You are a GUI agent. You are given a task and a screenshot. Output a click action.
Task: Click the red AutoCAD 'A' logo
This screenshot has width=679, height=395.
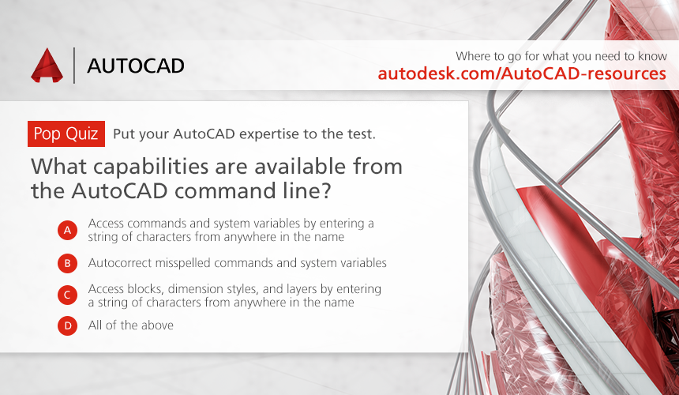tap(47, 66)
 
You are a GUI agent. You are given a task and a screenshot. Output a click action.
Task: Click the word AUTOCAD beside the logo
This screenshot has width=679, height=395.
tap(136, 66)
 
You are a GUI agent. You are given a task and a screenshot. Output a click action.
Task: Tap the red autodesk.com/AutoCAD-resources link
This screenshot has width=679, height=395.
tap(522, 73)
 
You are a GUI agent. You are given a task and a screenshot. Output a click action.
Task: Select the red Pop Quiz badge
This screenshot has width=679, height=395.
tap(66, 134)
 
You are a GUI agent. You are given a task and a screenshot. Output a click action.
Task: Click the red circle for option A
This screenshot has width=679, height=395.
tap(68, 230)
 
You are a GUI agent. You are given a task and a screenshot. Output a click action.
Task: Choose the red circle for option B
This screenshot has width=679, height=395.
tap(68, 263)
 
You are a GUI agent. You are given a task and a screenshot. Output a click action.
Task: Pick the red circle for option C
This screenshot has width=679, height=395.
tap(68, 295)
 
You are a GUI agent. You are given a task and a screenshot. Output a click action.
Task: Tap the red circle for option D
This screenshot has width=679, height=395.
tap(68, 325)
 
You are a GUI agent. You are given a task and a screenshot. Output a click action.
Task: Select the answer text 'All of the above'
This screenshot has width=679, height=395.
tap(131, 325)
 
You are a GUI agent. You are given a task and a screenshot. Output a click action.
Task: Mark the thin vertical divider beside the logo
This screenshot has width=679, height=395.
tap(74, 66)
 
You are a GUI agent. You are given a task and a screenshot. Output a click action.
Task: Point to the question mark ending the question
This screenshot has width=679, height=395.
tap(326, 190)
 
